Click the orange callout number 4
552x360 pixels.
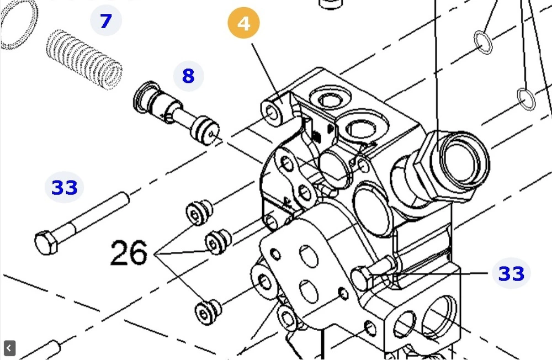(x=243, y=23)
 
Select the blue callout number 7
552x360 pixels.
(x=106, y=20)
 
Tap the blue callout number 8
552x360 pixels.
(x=188, y=76)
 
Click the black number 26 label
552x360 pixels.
(x=129, y=252)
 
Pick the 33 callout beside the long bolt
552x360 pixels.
(x=64, y=187)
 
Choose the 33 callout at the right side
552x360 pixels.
(x=511, y=273)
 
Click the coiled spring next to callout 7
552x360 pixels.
(x=84, y=59)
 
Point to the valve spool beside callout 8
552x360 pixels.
(x=177, y=113)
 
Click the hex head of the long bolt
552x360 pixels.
(x=46, y=242)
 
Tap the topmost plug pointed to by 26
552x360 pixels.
(x=199, y=213)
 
